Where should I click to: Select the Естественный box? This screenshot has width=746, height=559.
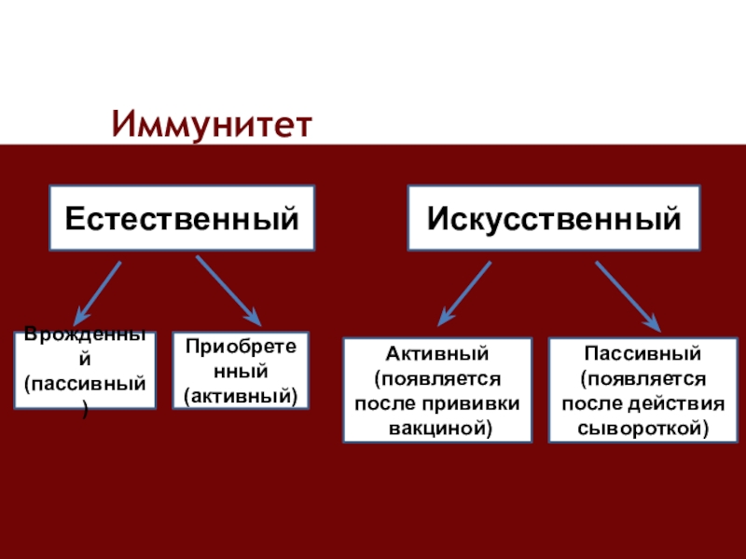[x=182, y=218]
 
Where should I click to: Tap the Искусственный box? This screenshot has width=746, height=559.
[x=554, y=218]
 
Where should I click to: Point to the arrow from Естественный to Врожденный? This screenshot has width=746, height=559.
[x=98, y=290]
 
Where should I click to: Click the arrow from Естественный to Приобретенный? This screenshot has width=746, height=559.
[x=228, y=289]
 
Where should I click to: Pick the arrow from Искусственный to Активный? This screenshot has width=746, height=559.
[x=464, y=291]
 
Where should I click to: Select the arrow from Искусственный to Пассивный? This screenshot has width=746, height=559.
[x=627, y=294]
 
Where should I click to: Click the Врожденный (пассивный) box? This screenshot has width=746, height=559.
[x=85, y=371]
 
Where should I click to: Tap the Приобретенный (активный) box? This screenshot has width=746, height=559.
[x=241, y=371]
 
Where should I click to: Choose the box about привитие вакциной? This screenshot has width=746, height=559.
[x=437, y=389]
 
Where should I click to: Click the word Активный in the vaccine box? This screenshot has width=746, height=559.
[x=437, y=355]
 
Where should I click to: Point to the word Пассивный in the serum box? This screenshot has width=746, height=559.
[x=642, y=355]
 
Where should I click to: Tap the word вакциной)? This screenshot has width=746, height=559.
[x=438, y=429]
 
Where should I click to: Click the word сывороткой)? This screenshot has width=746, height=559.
[x=642, y=429]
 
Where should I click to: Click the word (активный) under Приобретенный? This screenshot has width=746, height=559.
[x=241, y=396]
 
